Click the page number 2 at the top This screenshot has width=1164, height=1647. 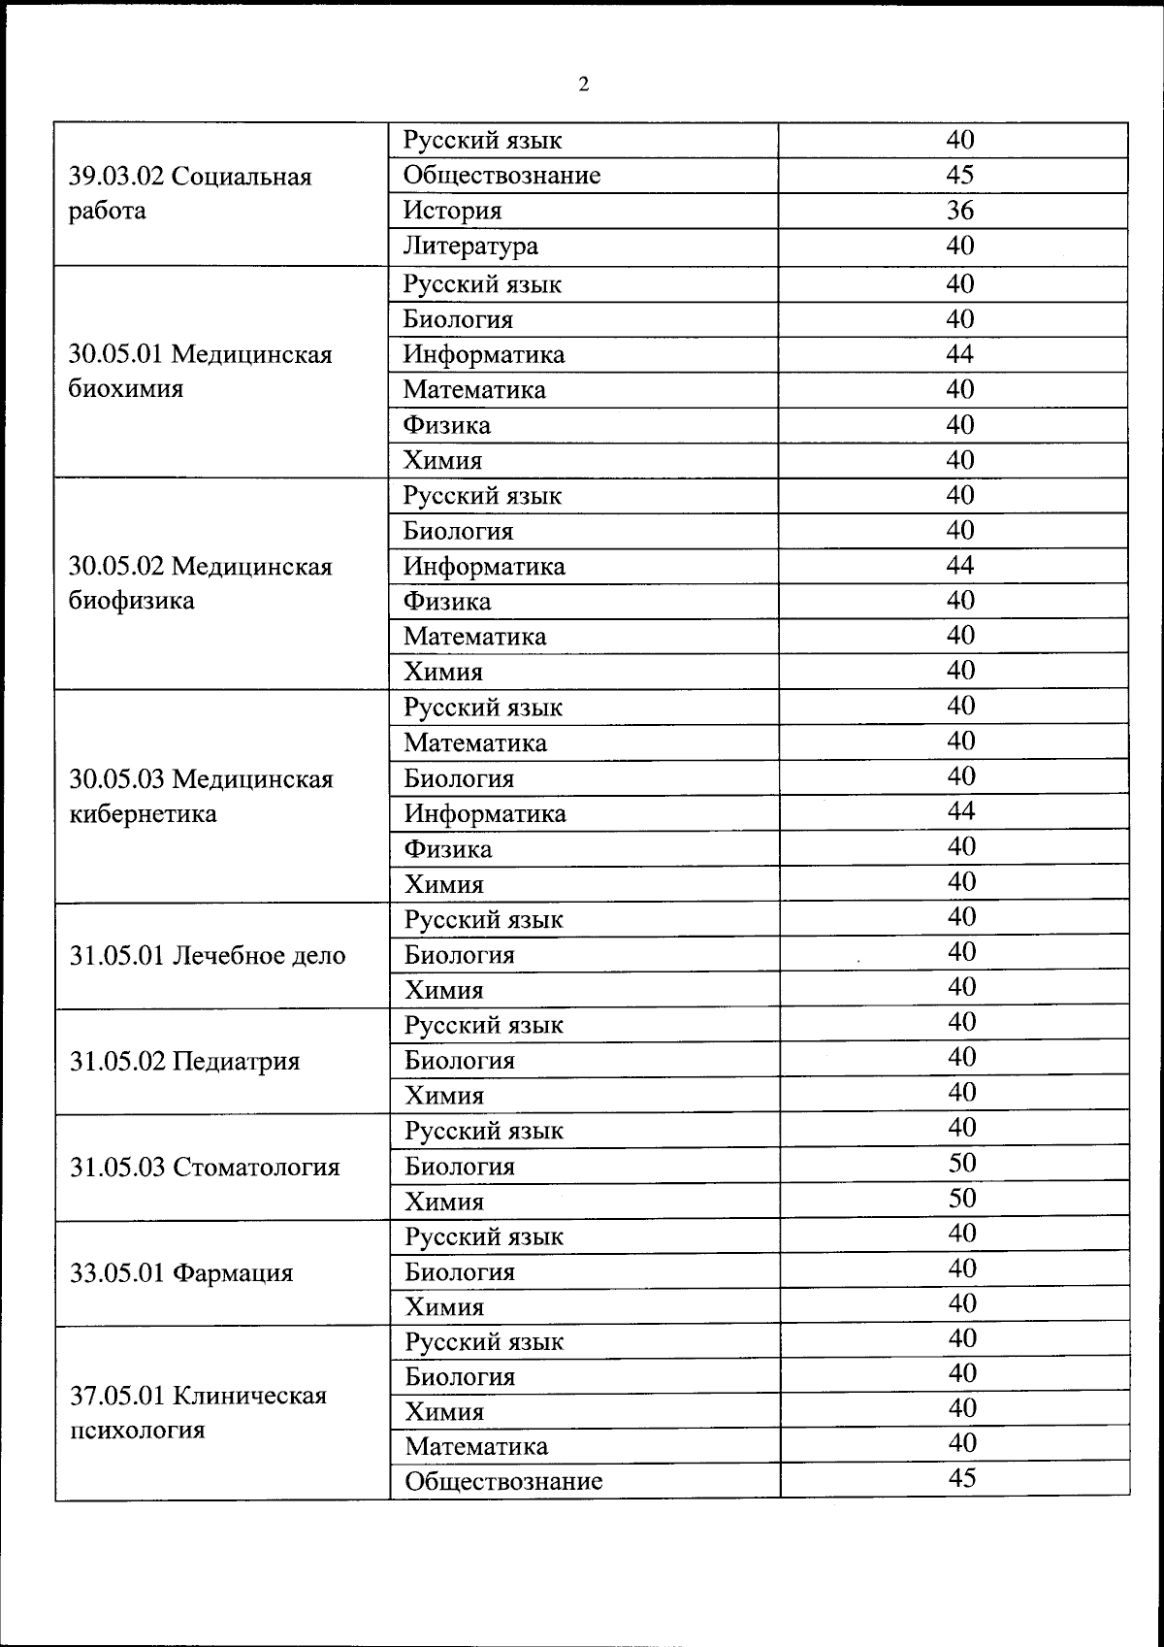pyautogui.click(x=583, y=84)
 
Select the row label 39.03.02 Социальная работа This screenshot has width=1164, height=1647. pyautogui.click(x=190, y=194)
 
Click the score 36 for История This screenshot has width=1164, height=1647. pyautogui.click(x=959, y=211)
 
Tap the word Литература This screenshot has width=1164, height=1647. pyautogui.click(x=470, y=247)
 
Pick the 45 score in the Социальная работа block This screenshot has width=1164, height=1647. pyautogui.click(x=959, y=175)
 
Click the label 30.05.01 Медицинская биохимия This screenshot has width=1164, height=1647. pyautogui.click(x=200, y=372)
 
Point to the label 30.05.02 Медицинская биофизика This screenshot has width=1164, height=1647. pyautogui.click(x=200, y=583)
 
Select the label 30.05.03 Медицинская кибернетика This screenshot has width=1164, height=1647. pyautogui.click(x=201, y=797)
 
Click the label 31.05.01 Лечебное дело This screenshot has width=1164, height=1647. pyautogui.click(x=208, y=956)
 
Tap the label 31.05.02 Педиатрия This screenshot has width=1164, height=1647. pyautogui.click(x=184, y=1062)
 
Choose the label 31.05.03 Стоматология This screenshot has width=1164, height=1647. pyautogui.click(x=205, y=1168)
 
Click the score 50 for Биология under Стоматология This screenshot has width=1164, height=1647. pyautogui.click(x=961, y=1163)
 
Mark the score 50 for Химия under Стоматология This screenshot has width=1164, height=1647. pyautogui.click(x=961, y=1199)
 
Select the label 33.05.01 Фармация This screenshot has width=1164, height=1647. pyautogui.click(x=181, y=1273)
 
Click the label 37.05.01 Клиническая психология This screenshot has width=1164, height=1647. pyautogui.click(x=198, y=1413)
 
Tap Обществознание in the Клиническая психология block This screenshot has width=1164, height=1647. pyautogui.click(x=503, y=1482)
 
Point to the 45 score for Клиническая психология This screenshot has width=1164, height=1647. pyautogui.click(x=961, y=1478)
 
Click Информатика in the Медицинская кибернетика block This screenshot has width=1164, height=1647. pyautogui.click(x=485, y=813)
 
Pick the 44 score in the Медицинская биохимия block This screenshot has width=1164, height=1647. pyautogui.click(x=959, y=354)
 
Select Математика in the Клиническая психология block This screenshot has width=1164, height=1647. pyautogui.click(x=476, y=1447)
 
